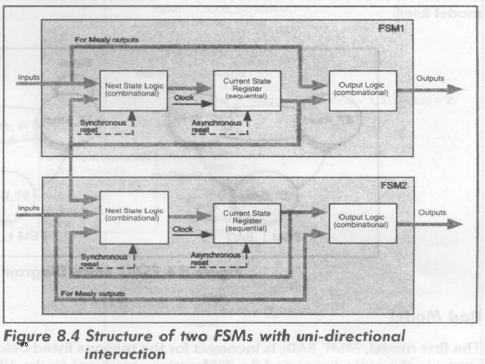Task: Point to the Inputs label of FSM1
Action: tap(29, 78)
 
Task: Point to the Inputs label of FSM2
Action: tap(29, 208)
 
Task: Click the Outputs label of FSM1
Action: tap(430, 78)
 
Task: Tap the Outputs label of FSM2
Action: tap(432, 212)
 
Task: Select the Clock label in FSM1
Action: tap(183, 98)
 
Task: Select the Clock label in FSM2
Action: tap(183, 229)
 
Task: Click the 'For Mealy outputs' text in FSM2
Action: tap(93, 294)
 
